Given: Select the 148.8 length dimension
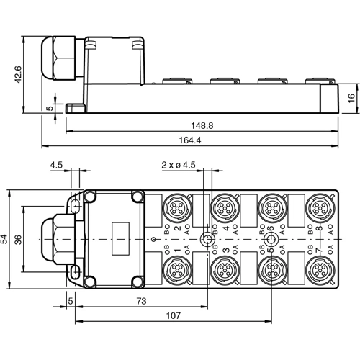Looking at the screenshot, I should [202, 125].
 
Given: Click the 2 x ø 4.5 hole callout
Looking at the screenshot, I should [179, 165].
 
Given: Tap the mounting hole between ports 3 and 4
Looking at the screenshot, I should [206, 239].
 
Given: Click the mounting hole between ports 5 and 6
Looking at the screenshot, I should [271, 239].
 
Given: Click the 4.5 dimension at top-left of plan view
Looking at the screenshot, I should [55, 165].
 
